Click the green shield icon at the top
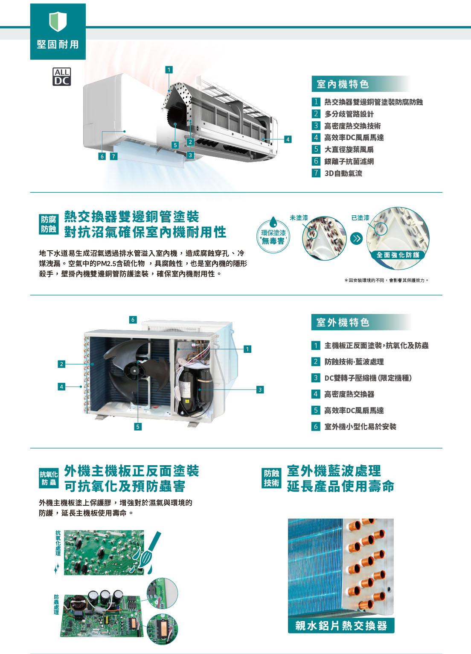click(x=58, y=21)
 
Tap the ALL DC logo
click(x=61, y=76)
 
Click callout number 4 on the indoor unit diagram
click(x=288, y=139)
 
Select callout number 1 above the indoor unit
click(x=169, y=70)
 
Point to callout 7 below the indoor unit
click(x=114, y=156)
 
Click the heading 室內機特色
click(x=343, y=85)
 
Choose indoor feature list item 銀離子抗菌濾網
click(x=349, y=161)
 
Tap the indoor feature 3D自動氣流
click(x=343, y=173)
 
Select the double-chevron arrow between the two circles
click(x=356, y=238)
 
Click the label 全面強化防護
click(x=398, y=255)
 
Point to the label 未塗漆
click(x=299, y=217)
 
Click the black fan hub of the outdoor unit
click(x=134, y=371)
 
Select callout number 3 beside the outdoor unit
click(x=260, y=390)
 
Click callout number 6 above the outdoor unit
click(x=133, y=320)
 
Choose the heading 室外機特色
click(x=343, y=323)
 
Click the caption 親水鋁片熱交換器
click(x=341, y=625)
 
